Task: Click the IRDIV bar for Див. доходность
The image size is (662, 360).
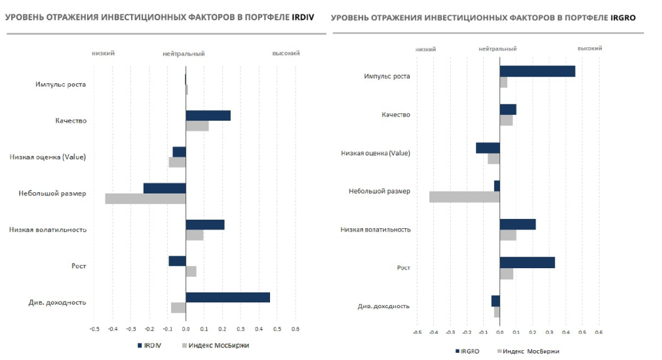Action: pos(227,297)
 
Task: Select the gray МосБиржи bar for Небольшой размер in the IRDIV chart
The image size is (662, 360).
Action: pos(146,199)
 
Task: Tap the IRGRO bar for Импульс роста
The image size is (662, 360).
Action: pos(537,71)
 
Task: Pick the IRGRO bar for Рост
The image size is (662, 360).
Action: pos(527,262)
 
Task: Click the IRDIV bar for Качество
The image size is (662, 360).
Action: pos(208,115)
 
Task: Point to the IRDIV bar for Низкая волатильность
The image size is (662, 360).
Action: pos(205,224)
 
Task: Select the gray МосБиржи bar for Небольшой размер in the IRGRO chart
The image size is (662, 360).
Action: pos(464,197)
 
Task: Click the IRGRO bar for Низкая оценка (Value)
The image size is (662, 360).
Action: pos(488,148)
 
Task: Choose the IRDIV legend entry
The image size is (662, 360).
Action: pos(149,345)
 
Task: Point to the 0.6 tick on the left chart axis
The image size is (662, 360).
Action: pos(295,329)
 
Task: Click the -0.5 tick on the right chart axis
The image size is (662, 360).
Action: pos(417,332)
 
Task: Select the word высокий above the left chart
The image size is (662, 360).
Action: pos(286,53)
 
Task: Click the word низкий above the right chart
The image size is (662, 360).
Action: pos(426,49)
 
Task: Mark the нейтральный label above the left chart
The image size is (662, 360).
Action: pos(184,54)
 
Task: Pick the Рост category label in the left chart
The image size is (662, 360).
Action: pos(79,266)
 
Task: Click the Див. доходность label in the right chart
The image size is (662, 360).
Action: pos(383,306)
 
